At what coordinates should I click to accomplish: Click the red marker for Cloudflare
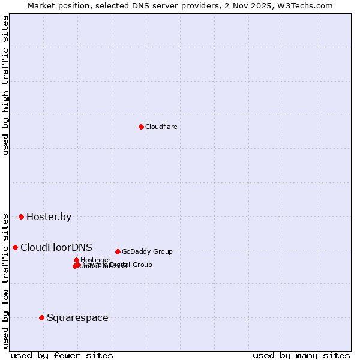[141, 127]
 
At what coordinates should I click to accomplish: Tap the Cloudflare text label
[161, 127]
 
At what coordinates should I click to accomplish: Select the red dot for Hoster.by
[21, 217]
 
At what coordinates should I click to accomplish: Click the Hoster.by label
[49, 217]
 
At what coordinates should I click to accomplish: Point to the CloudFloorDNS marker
[15, 247]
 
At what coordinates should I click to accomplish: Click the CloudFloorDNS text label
[56, 247]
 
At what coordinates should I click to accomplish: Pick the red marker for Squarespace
[41, 317]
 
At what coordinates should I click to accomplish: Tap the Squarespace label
[77, 318]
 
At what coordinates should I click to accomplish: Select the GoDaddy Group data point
[118, 251]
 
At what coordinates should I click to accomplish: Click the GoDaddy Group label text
[147, 252]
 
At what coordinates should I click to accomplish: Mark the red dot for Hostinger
[76, 260]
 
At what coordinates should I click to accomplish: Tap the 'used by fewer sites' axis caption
[62, 356]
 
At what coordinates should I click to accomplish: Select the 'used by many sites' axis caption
[301, 356]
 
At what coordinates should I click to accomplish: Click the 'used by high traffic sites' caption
[6, 85]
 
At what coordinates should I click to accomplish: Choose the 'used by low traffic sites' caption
[6, 280]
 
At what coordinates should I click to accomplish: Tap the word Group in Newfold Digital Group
[142, 265]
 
